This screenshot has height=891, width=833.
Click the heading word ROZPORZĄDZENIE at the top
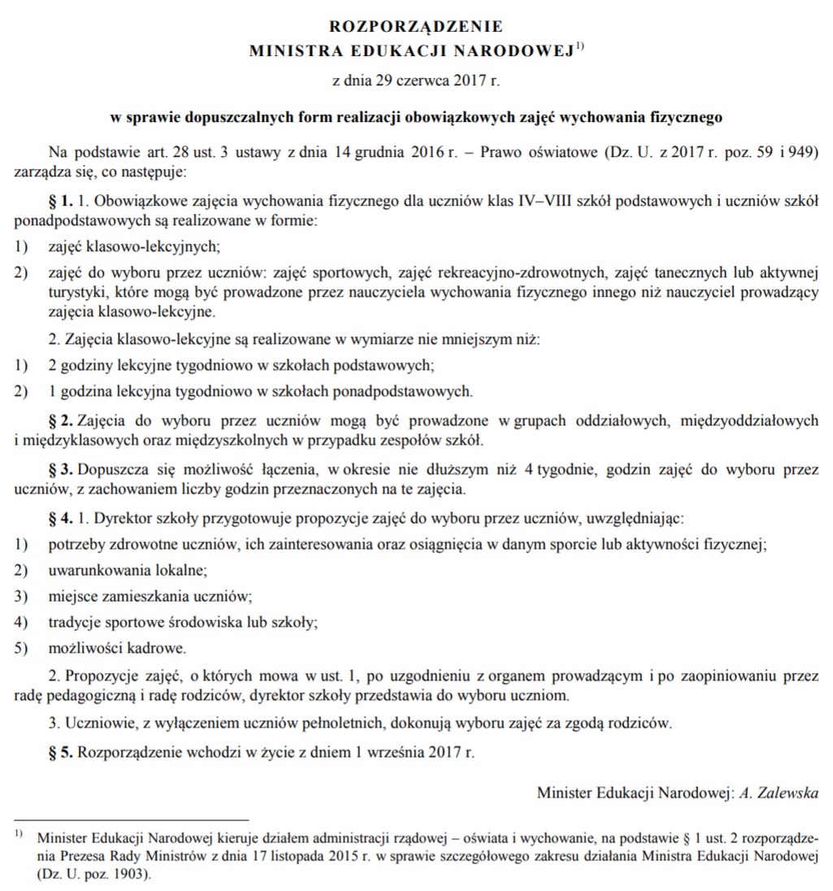point(416,27)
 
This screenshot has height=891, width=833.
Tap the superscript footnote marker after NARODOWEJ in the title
point(580,46)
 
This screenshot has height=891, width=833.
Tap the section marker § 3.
point(62,470)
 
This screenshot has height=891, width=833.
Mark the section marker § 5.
point(62,752)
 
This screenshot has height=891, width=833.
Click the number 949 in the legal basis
point(801,152)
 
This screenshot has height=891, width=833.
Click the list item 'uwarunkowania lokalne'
point(128,571)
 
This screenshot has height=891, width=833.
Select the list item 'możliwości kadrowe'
point(117,648)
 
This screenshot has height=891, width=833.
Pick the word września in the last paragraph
point(393,752)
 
